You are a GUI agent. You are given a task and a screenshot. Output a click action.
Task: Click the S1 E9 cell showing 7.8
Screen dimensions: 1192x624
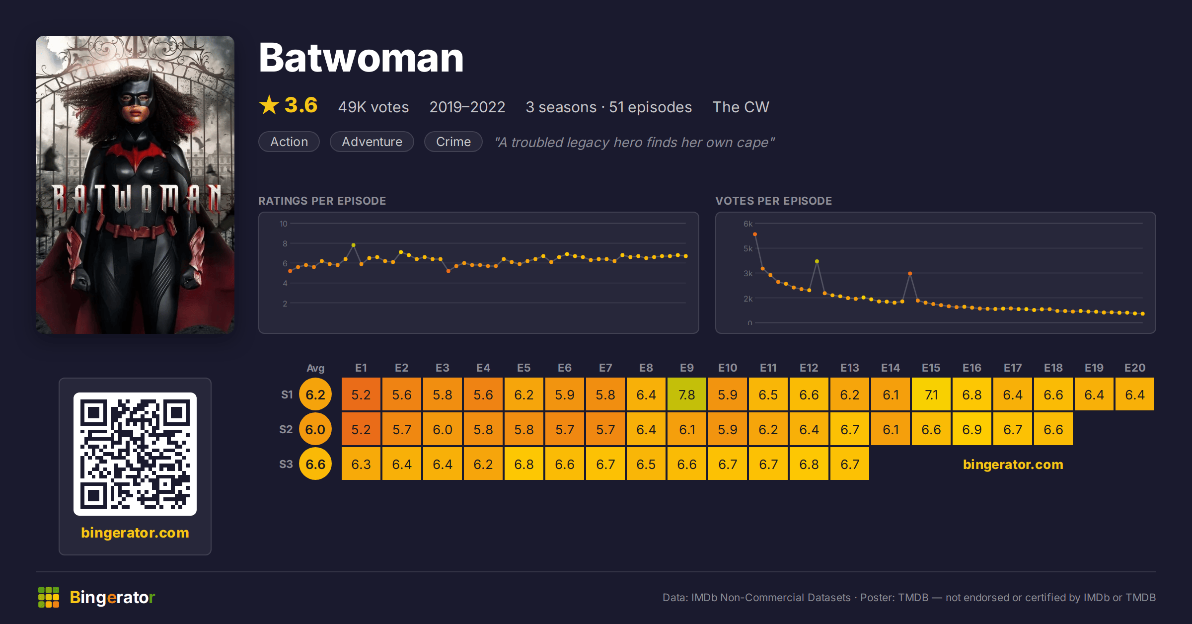coord(687,394)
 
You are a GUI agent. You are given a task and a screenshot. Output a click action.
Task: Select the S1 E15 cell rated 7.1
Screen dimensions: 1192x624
coord(931,394)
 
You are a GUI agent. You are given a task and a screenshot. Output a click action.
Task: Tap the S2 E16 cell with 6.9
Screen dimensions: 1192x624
coord(972,429)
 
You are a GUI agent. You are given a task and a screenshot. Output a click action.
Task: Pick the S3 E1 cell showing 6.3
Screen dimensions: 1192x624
coord(361,464)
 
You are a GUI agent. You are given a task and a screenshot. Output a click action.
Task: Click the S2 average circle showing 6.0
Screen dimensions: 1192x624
coord(315,429)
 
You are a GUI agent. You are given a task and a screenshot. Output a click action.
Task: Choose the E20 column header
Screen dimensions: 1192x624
coord(1135,368)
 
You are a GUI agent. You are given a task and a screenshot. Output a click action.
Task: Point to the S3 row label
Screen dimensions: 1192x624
coord(286,464)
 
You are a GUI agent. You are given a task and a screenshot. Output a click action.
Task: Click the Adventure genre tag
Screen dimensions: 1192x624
coord(372,142)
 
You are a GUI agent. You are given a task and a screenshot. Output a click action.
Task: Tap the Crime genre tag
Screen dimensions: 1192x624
coord(453,142)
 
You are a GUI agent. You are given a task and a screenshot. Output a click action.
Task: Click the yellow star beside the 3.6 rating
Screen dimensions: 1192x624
coord(269,105)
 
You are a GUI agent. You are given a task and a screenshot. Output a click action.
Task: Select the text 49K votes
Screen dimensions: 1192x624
coord(373,107)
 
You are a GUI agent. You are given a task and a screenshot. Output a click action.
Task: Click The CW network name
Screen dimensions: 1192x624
coord(741,107)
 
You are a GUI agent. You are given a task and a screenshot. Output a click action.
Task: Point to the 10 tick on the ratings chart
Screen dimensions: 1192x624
coord(284,224)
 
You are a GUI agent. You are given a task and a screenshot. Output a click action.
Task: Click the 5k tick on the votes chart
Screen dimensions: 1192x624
coord(748,248)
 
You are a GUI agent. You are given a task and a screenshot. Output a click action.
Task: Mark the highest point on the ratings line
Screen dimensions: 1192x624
coord(353,245)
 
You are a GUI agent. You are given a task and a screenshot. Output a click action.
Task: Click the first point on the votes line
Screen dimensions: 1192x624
coord(755,234)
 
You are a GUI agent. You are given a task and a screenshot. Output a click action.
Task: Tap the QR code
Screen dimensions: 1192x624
coord(135,454)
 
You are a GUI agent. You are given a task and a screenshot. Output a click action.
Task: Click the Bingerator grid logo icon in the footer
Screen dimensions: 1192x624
coord(49,597)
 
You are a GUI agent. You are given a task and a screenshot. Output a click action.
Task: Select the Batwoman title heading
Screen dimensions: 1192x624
coord(361,58)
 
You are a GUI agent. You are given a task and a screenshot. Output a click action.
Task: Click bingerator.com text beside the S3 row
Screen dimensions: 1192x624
coord(1013,464)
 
